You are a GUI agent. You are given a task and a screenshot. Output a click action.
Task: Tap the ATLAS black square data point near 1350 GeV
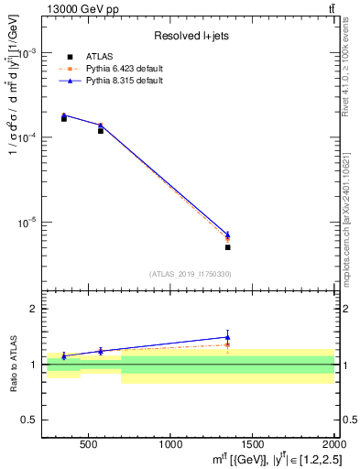click(x=227, y=247)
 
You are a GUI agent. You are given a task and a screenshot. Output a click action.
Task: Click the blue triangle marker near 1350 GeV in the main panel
click(x=227, y=234)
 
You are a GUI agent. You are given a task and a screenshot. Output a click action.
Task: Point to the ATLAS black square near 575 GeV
click(x=101, y=131)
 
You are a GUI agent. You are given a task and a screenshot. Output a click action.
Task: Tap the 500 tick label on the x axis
click(x=89, y=445)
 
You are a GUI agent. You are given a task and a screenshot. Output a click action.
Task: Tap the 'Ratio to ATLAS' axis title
click(x=13, y=365)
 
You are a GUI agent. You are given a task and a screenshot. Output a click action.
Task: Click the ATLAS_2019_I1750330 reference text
click(x=190, y=274)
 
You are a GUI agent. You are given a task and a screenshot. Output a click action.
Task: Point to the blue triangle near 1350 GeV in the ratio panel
click(x=227, y=336)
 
